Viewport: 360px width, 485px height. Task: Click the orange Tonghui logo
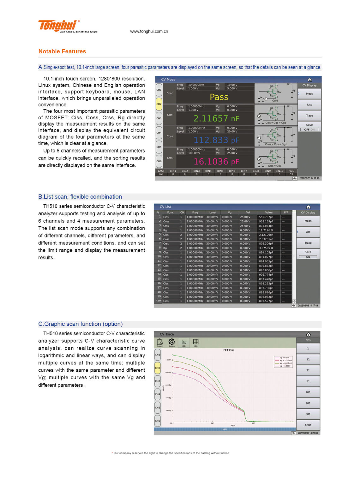click(57, 25)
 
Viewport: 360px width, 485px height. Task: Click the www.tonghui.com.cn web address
click(149, 31)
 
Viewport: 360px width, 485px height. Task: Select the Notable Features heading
click(62, 51)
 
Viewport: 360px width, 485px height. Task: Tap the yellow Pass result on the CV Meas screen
click(219, 97)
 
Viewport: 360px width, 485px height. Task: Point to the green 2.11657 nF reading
click(216, 118)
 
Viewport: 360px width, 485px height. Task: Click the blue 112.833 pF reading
click(216, 140)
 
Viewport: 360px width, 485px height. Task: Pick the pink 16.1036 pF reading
click(216, 162)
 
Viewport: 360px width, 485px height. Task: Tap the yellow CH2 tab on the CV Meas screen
click(159, 104)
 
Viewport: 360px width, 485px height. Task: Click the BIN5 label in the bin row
click(220, 171)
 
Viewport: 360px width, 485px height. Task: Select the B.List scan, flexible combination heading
click(80, 197)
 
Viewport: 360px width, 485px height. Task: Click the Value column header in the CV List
click(269, 213)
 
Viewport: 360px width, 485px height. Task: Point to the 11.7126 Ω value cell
click(266, 230)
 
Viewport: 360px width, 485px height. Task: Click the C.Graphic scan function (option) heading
click(81, 324)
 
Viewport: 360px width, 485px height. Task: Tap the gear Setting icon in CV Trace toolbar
click(171, 342)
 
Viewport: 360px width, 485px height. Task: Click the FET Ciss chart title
click(229, 350)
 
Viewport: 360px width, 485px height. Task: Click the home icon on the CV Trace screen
click(309, 334)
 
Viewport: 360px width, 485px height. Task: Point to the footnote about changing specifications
click(171, 453)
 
